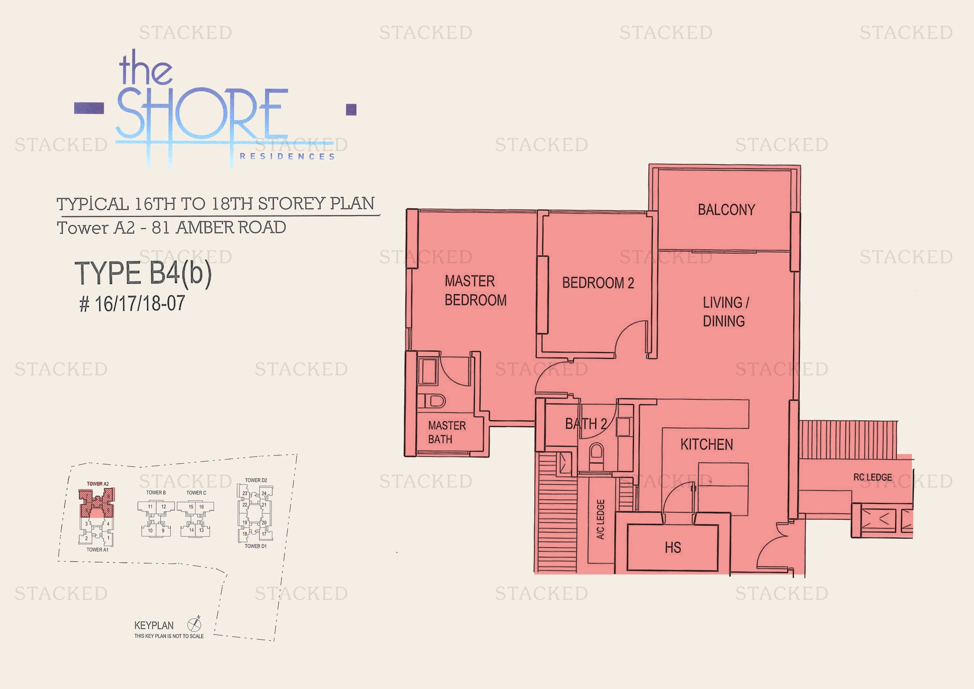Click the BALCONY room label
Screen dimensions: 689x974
[x=726, y=210]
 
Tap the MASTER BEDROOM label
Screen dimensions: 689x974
[x=475, y=291]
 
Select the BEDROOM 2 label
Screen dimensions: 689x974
[x=598, y=283]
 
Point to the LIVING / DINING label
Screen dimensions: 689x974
[x=725, y=312]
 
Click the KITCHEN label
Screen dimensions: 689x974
[x=707, y=444]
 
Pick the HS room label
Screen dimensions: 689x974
[x=673, y=548]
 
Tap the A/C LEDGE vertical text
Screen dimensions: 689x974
[x=601, y=519]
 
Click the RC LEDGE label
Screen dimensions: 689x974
[x=873, y=477]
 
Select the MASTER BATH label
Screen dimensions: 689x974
[x=446, y=432]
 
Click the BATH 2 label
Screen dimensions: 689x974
[x=586, y=423]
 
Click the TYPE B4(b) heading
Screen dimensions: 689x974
[x=143, y=273]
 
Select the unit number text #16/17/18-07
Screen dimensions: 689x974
[x=132, y=304]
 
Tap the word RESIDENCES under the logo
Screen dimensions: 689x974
[x=287, y=157]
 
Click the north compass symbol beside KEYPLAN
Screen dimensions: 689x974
[x=194, y=624]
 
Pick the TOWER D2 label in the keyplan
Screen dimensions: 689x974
[x=256, y=480]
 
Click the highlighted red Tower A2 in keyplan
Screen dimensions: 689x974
[x=97, y=503]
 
